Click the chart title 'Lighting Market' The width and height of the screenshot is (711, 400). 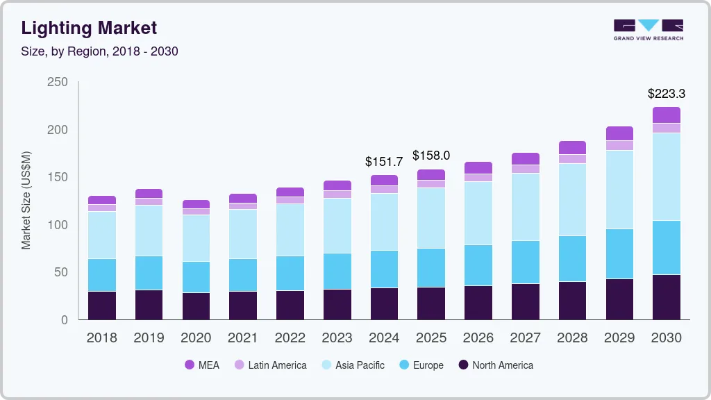89,28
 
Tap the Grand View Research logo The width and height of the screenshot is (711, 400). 648,29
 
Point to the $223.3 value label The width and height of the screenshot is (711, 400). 666,93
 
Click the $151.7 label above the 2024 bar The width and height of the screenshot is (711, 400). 384,161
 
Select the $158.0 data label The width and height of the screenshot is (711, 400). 431,156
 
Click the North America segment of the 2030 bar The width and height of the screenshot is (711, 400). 666,297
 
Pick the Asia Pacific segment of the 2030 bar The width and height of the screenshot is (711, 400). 666,176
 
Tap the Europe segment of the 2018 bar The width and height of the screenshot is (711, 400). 102,275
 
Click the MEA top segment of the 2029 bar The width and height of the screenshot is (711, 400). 619,133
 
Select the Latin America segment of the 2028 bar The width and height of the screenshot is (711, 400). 572,159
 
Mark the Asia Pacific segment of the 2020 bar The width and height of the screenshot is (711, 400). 196,238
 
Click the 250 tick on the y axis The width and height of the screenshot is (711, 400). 58,82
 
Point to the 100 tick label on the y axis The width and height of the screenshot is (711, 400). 58,225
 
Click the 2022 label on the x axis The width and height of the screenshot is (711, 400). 290,338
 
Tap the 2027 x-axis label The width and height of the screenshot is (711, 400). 525,338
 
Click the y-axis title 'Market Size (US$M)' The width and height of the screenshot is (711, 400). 26,200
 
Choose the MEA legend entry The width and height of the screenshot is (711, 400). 201,365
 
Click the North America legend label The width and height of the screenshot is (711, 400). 502,365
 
